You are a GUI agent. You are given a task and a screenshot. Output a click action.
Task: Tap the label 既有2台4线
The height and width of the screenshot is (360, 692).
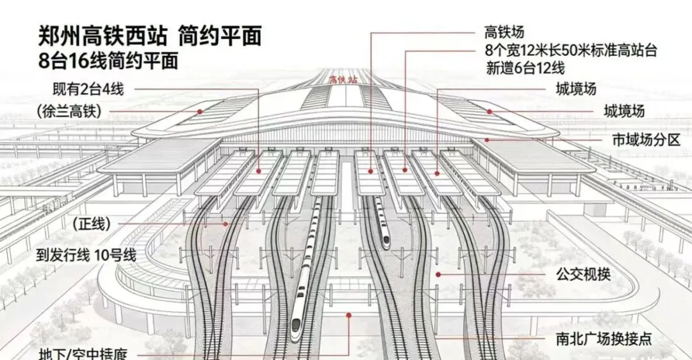pyautogui.click(x=88, y=88)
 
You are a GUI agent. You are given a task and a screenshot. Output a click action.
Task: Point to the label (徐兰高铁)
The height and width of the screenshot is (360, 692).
pyautogui.click(x=70, y=113)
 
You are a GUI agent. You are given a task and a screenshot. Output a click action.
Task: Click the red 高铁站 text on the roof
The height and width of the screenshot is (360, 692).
pyautogui.click(x=342, y=80)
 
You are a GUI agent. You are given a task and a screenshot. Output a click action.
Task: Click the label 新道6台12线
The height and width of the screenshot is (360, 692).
pyautogui.click(x=524, y=68)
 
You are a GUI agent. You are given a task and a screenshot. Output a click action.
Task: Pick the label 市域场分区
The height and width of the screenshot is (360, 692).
pyautogui.click(x=645, y=140)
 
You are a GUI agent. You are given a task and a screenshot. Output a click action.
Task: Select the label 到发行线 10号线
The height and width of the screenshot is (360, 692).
pyautogui.click(x=87, y=255)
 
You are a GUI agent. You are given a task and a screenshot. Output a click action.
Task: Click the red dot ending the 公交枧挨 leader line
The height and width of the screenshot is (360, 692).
pyautogui.click(x=438, y=274)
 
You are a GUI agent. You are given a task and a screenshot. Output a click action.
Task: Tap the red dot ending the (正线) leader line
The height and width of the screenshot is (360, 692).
pyautogui.click(x=226, y=224)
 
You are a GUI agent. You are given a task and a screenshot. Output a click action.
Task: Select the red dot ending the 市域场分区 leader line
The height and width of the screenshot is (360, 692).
pyautogui.click(x=487, y=139)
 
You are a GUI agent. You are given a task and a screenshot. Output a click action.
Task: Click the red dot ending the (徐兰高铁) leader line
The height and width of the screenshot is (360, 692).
pyautogui.click(x=200, y=111)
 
